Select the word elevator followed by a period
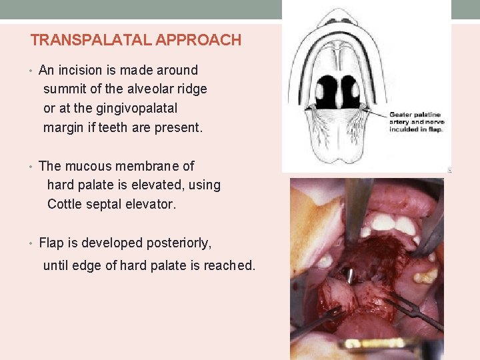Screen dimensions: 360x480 [x=153, y=204]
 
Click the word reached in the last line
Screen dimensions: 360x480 [x=230, y=265]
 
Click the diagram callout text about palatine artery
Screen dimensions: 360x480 [x=416, y=122]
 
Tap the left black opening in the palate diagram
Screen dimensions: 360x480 [x=327, y=91]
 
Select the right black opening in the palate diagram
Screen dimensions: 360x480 [x=351, y=91]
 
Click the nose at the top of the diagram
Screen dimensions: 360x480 [x=339, y=16]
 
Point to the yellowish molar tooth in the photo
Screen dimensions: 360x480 [x=425, y=274]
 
